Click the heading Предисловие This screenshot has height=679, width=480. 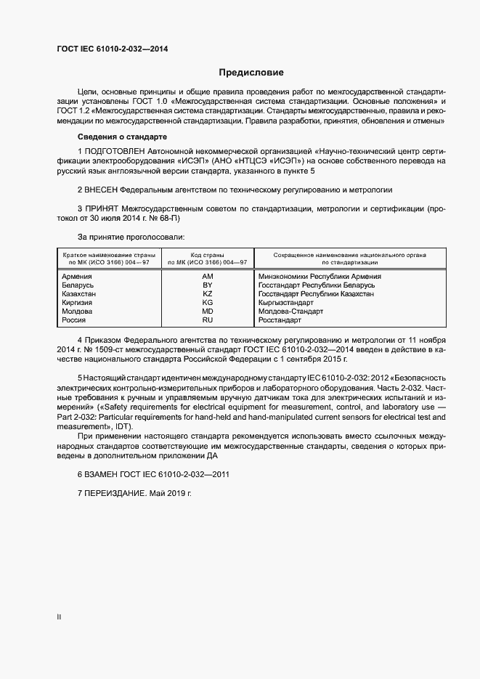point(251,73)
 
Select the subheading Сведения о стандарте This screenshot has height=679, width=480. point(122,137)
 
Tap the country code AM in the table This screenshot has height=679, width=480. point(208,276)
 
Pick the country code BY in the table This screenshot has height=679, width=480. point(208,285)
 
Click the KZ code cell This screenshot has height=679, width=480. point(208,293)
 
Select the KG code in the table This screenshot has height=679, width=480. point(208,302)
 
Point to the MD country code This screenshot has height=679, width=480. point(208,311)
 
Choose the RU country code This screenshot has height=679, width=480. point(208,320)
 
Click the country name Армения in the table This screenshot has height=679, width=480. point(77,276)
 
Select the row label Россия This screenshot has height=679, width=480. point(75,320)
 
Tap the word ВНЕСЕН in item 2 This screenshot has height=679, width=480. point(101,190)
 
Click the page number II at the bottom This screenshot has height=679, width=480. point(60,617)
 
